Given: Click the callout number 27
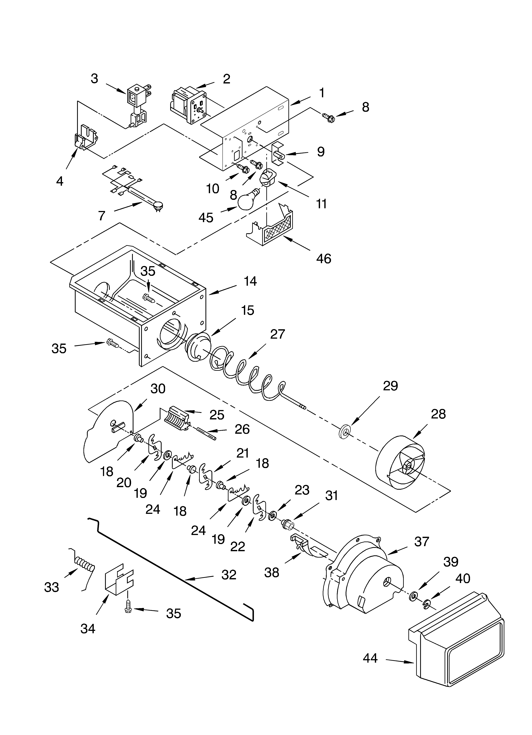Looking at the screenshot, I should coord(278,334).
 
